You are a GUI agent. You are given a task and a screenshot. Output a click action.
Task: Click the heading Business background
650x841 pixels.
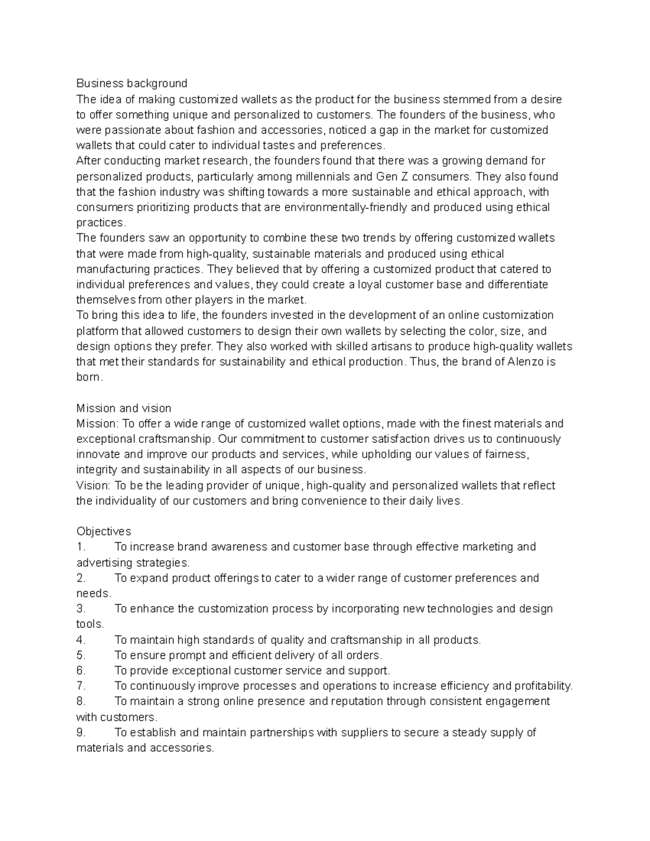pyautogui.click(x=132, y=83)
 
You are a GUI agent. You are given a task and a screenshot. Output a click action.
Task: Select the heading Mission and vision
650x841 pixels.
pyautogui.click(x=123, y=408)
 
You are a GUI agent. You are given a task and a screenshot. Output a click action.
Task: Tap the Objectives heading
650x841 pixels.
pyautogui.click(x=103, y=531)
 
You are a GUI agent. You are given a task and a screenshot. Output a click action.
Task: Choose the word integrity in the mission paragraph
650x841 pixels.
pyautogui.click(x=96, y=470)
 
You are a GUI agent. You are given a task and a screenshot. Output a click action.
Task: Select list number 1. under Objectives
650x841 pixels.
pyautogui.click(x=81, y=547)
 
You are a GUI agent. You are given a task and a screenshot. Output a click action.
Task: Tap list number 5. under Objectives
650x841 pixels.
pyautogui.click(x=81, y=655)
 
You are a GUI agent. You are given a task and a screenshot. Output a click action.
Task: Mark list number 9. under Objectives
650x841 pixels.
pyautogui.click(x=81, y=733)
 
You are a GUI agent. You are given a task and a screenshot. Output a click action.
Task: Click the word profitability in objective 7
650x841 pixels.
pyautogui.click(x=542, y=686)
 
